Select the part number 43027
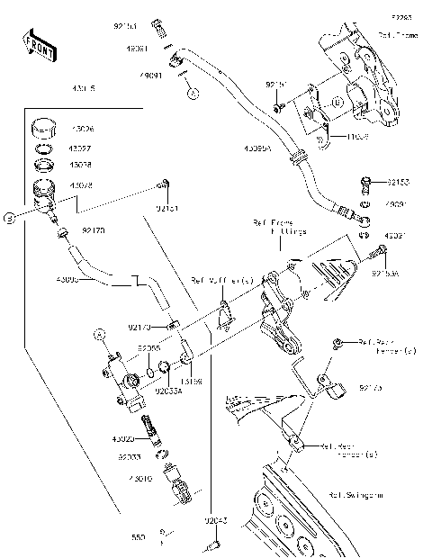(80, 147)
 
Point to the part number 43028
(80, 166)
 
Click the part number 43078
(80, 185)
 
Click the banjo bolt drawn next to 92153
(364, 184)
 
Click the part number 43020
(123, 439)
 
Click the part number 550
(138, 537)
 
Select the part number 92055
(148, 347)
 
